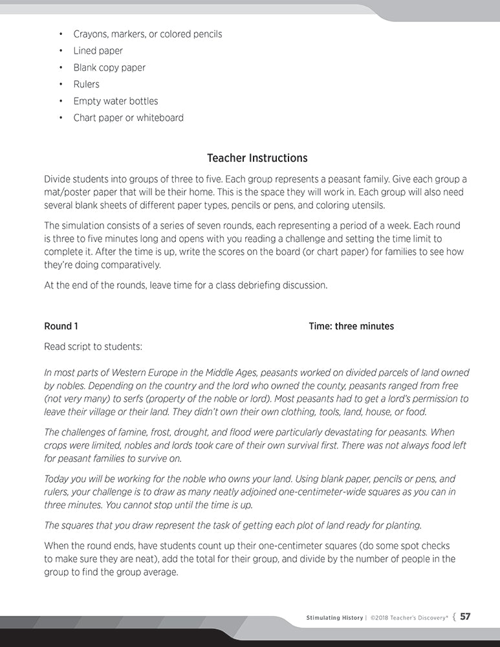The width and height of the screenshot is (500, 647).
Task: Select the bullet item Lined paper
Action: point(98,50)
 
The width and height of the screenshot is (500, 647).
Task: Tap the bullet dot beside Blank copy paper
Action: point(60,67)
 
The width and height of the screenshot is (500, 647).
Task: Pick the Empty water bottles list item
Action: point(115,101)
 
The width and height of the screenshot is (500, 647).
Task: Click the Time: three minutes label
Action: point(351,326)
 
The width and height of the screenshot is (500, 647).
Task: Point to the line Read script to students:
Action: point(93,346)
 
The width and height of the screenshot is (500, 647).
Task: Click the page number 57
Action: point(464,617)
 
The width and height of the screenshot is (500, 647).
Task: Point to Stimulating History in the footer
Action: point(334,618)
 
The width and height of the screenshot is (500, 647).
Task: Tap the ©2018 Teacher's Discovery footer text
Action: point(409,618)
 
